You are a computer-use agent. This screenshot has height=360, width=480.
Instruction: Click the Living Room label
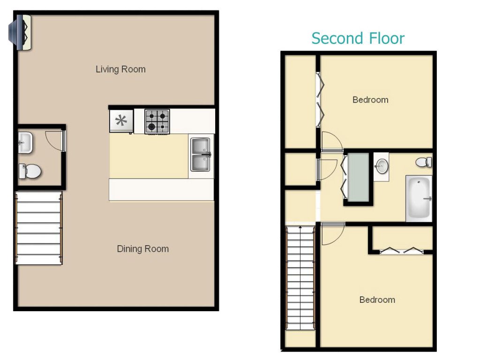120,69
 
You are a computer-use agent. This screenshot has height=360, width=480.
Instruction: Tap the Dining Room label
142,249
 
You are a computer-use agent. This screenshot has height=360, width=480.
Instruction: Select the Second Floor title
358,38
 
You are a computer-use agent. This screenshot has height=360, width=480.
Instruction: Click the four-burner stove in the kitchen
157,121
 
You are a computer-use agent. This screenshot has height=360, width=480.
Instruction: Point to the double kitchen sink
201,155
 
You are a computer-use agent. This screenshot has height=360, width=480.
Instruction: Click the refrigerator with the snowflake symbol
121,121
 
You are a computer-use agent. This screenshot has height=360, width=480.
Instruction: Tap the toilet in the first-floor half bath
30,171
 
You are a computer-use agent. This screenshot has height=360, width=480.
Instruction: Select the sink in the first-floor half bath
25,142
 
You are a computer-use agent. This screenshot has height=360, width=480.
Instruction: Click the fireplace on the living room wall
20,32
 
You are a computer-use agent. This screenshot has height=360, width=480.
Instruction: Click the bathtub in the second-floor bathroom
419,198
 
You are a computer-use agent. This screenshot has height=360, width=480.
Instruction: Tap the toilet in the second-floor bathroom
424,162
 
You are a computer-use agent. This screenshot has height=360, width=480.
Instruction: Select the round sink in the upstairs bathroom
382,166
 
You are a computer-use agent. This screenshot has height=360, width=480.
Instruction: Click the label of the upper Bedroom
370,100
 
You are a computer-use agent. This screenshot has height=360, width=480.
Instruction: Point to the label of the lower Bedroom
377,300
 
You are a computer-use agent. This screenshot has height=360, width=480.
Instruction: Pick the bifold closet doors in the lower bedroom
401,251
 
